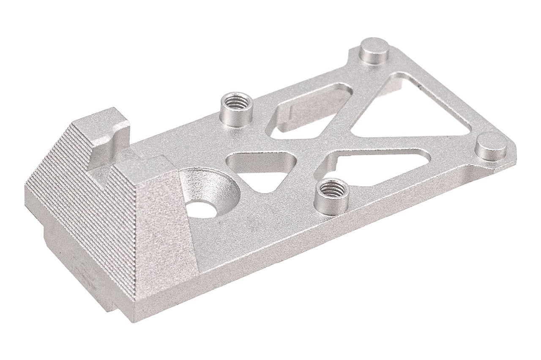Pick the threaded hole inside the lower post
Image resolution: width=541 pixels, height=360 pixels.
[332, 186]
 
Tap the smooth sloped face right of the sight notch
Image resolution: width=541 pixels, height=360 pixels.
[161, 211]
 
